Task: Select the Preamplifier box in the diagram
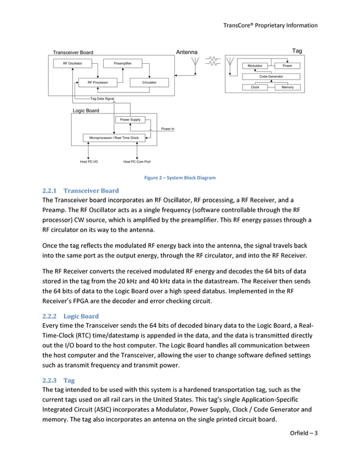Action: click(x=122, y=63)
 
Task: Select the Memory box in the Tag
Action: click(x=287, y=87)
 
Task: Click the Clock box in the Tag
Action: click(x=255, y=87)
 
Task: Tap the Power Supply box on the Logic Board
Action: click(x=130, y=120)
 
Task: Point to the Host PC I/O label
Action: click(x=89, y=162)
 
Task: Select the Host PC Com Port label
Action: click(x=137, y=162)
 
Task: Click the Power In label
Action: click(x=168, y=129)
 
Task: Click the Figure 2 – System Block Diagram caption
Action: click(x=180, y=178)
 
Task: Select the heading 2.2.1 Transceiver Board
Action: click(x=80, y=191)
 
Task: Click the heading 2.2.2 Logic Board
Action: click(x=71, y=316)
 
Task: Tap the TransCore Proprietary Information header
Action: click(x=270, y=25)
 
